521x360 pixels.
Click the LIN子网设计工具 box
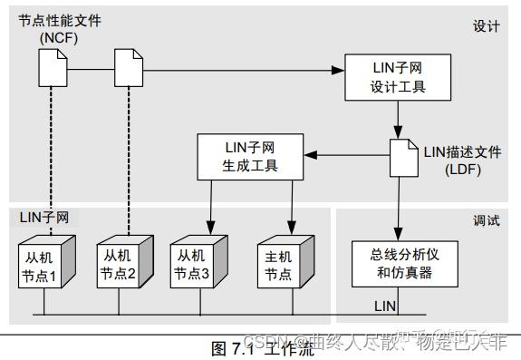tap(397, 78)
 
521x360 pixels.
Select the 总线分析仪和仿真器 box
tap(396, 263)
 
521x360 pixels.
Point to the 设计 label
tap(487, 26)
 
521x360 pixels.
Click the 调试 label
tap(487, 221)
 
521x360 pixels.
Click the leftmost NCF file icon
tap(52, 67)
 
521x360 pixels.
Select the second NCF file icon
tap(128, 67)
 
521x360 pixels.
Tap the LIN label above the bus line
tap(384, 306)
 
